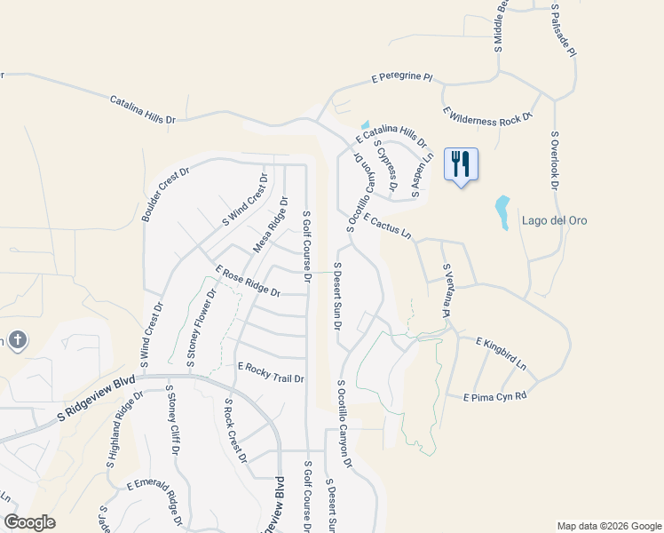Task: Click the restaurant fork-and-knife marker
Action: [462, 164]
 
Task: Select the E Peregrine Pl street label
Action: [402, 78]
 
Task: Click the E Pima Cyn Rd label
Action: [494, 395]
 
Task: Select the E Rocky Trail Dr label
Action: [271, 372]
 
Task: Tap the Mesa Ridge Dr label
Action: [271, 225]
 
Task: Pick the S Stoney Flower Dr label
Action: [201, 328]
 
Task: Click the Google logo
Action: [29, 521]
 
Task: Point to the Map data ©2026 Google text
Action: [609, 526]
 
